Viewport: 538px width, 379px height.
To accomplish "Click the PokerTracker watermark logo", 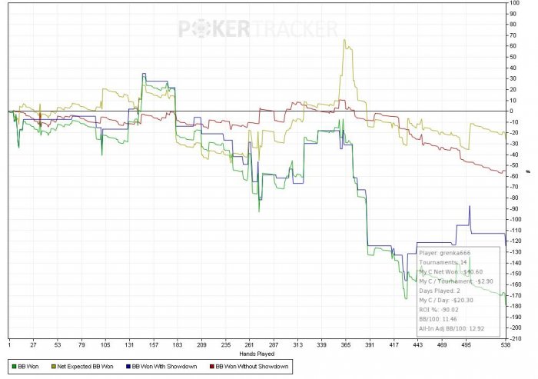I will [258, 29].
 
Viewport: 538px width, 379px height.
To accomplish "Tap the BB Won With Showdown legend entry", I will [161, 367].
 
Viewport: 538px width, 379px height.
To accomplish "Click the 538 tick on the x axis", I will [505, 345].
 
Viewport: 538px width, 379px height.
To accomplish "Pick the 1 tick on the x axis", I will [9, 345].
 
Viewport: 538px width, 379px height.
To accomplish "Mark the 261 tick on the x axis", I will [249, 345].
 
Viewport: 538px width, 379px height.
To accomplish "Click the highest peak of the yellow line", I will [344, 40].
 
